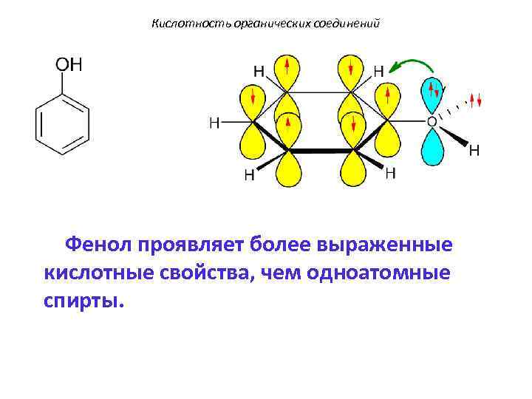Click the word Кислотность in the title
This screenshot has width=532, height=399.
pyautogui.click(x=181, y=24)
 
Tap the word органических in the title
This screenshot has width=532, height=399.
pyautogui.click(x=257, y=24)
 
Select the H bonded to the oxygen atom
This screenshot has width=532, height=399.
pyautogui.click(x=474, y=150)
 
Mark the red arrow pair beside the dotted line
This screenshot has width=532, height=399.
pyautogui.click(x=476, y=100)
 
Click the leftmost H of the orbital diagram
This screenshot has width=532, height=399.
pyautogui.click(x=214, y=122)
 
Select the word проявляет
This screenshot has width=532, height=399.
pyautogui.click(x=189, y=245)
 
